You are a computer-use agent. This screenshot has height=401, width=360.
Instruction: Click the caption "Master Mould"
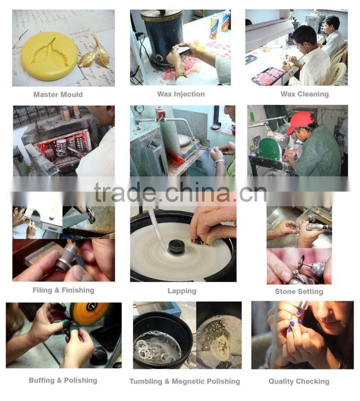(58, 94)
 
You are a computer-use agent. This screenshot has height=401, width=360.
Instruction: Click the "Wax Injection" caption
(181, 94)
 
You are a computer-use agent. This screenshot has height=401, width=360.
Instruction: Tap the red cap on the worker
(300, 122)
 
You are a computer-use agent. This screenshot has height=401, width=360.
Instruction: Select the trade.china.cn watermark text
(180, 192)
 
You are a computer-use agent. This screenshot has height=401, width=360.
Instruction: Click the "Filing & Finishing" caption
(63, 290)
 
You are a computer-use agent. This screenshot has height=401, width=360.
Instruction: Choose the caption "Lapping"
(182, 291)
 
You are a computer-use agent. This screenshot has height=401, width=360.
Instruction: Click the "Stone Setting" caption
(299, 292)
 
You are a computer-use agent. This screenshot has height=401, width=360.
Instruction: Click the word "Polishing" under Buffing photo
(81, 380)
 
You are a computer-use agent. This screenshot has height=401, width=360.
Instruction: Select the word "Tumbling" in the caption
(146, 382)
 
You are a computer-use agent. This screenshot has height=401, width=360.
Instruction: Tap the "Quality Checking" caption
(299, 382)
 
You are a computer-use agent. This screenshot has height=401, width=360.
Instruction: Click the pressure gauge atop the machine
(139, 109)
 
